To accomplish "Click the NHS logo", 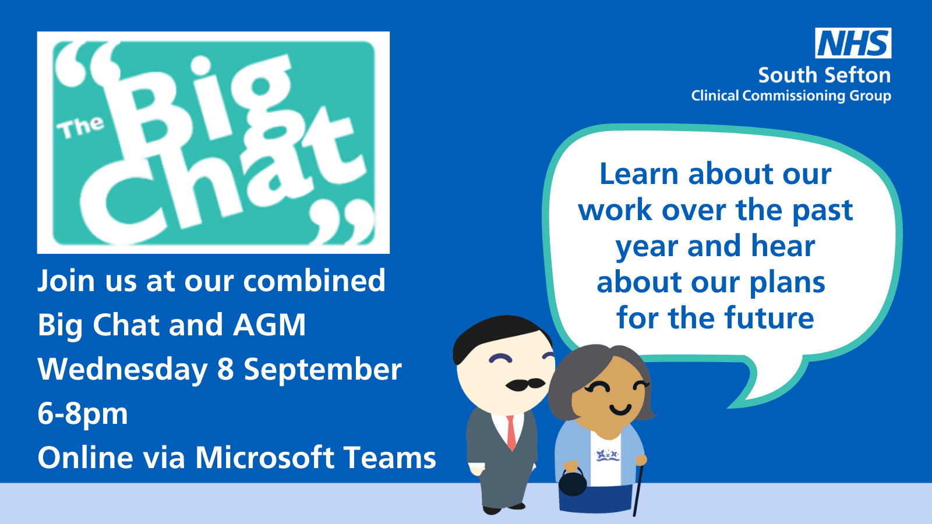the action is [853, 43].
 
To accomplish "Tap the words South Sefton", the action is [824, 75].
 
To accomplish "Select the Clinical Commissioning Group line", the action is [791, 95].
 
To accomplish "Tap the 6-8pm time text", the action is [82, 414].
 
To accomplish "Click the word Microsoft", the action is [265, 458].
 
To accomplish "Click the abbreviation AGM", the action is [269, 325].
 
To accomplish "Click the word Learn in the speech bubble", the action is [638, 174].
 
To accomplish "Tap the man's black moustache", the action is [525, 385].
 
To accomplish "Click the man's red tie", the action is [511, 433].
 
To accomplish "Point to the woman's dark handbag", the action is [573, 483].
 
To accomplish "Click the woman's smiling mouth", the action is [620, 410].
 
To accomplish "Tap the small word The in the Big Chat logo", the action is [80, 128].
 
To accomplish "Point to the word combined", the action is [314, 281].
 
